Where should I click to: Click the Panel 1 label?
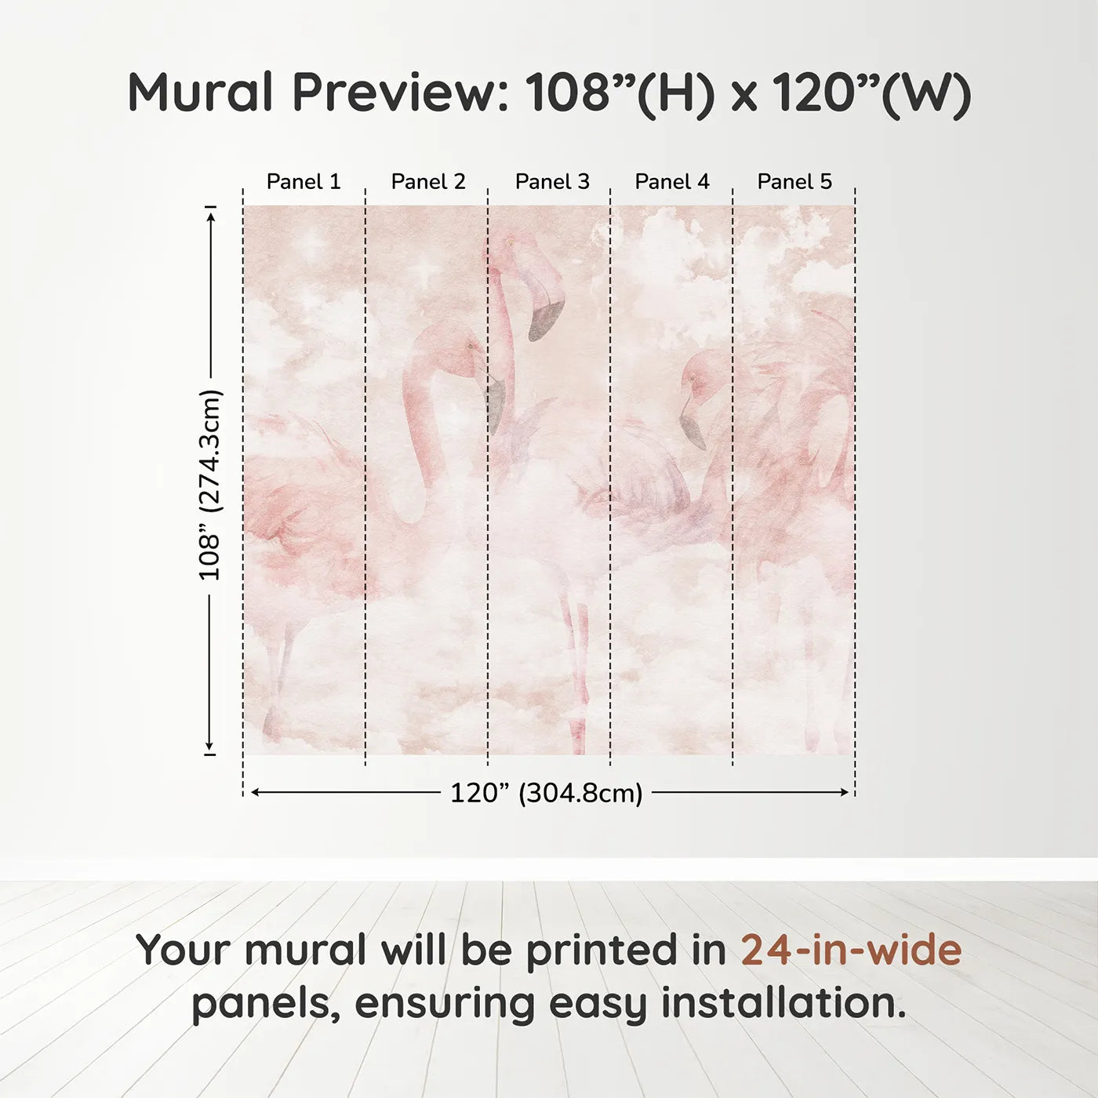(x=304, y=182)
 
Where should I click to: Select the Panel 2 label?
(x=428, y=182)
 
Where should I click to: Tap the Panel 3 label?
(x=552, y=182)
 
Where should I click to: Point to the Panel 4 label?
(x=672, y=182)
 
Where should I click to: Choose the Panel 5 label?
(x=794, y=182)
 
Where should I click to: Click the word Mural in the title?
(x=200, y=93)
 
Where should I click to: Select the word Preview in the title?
(x=401, y=93)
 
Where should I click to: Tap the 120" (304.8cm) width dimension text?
(x=546, y=793)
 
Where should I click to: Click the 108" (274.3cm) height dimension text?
(x=210, y=485)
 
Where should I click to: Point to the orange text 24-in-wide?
(x=851, y=950)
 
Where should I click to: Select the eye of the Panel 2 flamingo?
(x=471, y=346)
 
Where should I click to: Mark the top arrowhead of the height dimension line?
(x=210, y=215)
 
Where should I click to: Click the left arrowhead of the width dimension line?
(x=254, y=792)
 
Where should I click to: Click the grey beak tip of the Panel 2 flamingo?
(x=495, y=404)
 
